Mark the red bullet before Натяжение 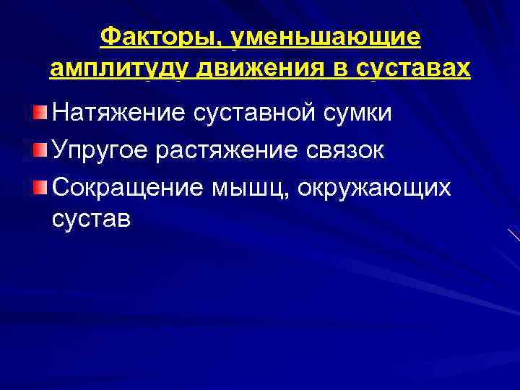pos(40,113)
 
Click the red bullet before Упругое pos(40,149)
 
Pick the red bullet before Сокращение pos(40,187)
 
